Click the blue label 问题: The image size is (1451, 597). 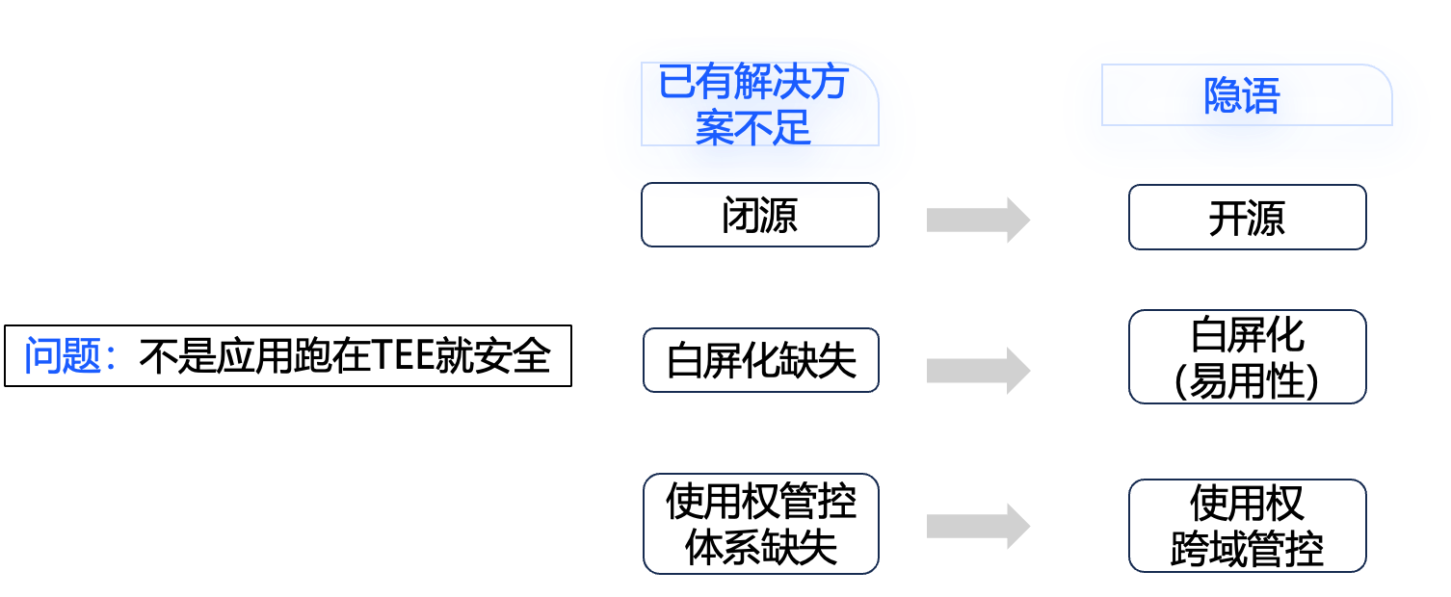point(69,356)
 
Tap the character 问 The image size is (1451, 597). point(43,356)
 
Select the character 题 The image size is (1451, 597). point(83,356)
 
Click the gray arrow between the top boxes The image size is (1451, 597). point(977,221)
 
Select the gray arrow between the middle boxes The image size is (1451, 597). point(977,371)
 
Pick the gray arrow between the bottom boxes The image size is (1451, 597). point(977,527)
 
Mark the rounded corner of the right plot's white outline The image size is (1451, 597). point(1384,73)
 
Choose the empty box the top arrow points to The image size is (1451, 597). point(1247,217)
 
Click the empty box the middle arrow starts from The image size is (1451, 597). point(760,360)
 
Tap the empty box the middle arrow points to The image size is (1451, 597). point(1247,356)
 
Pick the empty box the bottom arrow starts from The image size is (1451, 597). point(760,524)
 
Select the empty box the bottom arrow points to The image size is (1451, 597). point(1247,526)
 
